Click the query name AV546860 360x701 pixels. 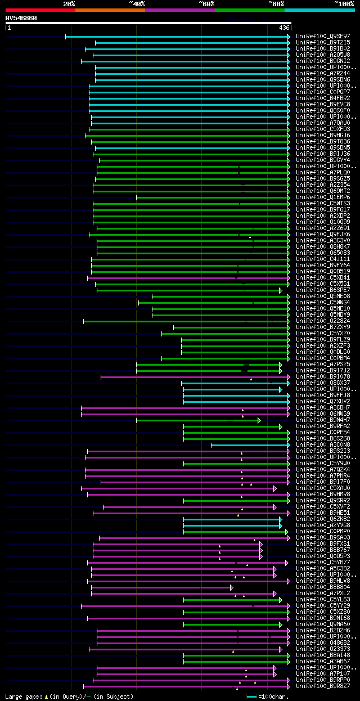21,18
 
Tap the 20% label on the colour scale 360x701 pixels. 69,4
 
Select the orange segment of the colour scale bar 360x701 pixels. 110,10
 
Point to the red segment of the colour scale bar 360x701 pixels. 40,10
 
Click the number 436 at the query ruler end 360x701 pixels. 284,28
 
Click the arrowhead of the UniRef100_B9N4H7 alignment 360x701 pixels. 259,420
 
